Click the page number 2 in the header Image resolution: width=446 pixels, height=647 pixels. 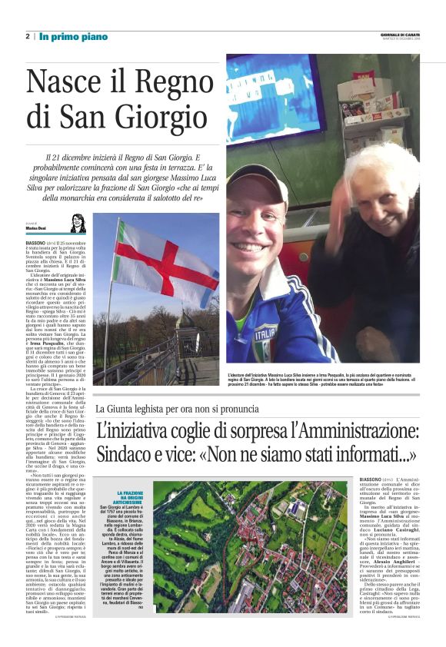click(x=28, y=36)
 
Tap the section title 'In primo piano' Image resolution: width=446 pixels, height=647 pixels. click(x=66, y=36)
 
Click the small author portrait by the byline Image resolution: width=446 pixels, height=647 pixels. click(x=78, y=224)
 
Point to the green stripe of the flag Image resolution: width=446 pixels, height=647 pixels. click(x=124, y=262)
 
